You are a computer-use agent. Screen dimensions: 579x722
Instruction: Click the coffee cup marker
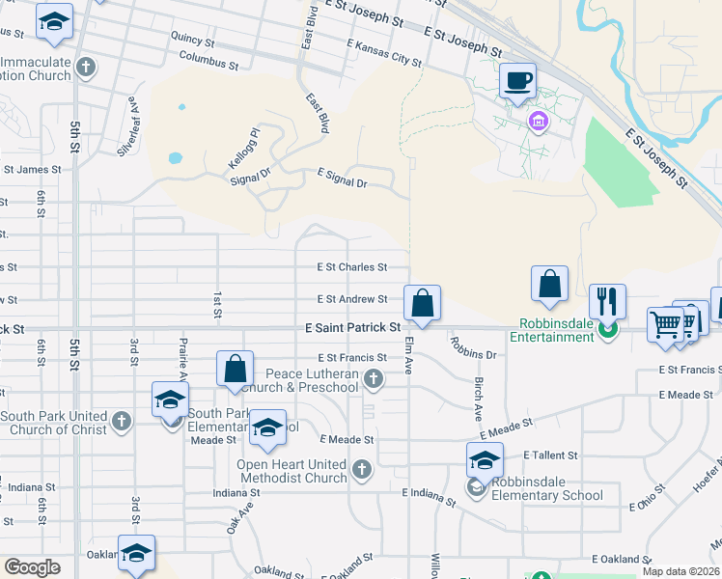[x=518, y=80]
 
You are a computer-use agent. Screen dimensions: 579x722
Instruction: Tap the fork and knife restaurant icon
[x=607, y=301]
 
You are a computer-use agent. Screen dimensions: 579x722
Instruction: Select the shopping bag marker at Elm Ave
[x=423, y=303]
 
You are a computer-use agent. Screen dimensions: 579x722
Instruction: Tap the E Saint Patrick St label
[x=352, y=328]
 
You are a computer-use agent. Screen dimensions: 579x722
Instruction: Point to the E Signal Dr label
[x=343, y=178]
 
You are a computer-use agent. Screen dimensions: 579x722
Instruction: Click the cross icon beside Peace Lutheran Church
[x=374, y=382]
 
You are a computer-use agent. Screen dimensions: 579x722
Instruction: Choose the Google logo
[x=32, y=567]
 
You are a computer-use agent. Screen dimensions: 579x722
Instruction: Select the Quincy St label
[x=191, y=42]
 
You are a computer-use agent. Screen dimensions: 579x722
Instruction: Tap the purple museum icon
[x=538, y=122]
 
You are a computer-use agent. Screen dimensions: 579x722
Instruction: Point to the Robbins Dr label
[x=473, y=347]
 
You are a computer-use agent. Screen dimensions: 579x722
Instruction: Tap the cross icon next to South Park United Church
[x=122, y=421]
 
